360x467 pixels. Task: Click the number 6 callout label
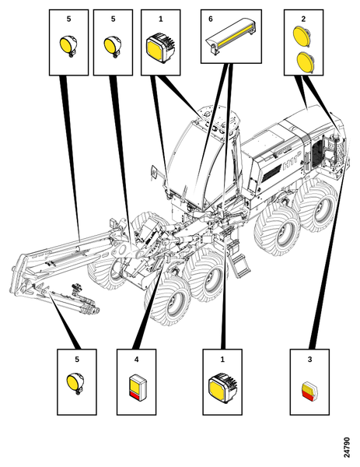(211, 19)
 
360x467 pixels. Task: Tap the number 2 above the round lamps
(303, 19)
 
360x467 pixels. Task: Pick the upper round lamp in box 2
(302, 37)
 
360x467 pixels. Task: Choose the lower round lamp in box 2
(306, 62)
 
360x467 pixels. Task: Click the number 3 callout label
(309, 360)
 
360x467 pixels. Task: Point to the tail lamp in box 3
(309, 392)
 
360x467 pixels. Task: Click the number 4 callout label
(136, 360)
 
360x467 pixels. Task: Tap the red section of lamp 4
(135, 395)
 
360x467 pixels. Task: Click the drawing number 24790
(347, 448)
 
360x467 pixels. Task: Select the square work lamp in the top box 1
(161, 47)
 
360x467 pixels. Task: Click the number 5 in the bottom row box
(77, 360)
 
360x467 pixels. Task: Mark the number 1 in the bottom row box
(222, 360)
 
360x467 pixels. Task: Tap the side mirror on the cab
(154, 172)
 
